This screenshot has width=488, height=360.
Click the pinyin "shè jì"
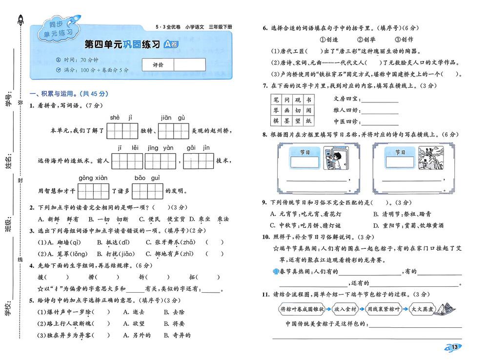(122, 118)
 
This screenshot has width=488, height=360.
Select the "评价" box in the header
(158, 65)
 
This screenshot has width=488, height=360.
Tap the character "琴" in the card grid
(275, 110)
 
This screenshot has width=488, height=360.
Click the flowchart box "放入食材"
(346, 309)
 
